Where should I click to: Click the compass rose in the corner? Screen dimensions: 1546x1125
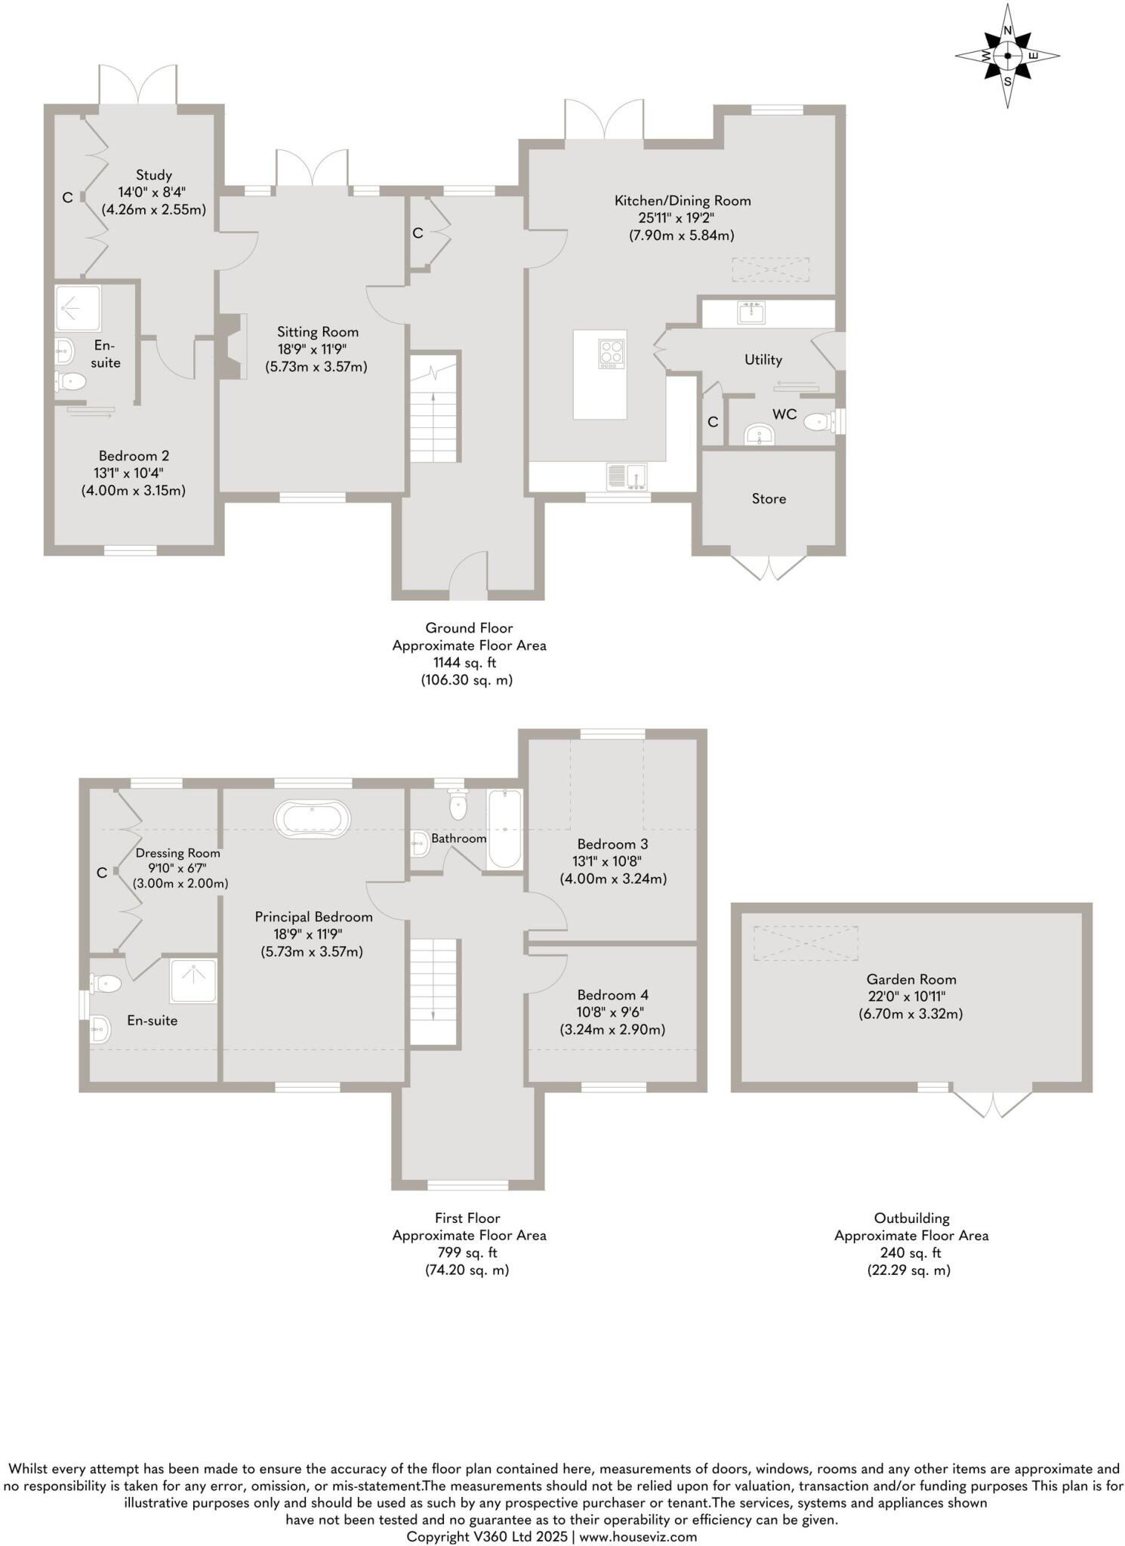1007,56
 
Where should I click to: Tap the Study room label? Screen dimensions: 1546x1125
154,175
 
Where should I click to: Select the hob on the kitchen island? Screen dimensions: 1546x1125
612,353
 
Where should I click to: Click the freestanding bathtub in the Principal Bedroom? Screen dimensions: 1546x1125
313,819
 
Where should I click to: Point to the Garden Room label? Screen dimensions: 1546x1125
911,979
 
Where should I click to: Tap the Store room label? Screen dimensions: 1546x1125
769,499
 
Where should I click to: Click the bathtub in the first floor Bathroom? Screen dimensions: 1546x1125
504,829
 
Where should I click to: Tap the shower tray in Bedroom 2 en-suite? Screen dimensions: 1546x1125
78,308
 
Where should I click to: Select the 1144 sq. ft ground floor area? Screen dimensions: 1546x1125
464,663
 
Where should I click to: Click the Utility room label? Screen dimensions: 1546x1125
763,360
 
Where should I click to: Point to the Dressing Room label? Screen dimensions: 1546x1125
178,853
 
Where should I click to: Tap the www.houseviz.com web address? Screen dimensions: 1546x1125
638,1536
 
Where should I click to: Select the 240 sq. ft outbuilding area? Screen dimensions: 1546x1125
911,1253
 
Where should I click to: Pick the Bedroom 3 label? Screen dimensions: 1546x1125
612,844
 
